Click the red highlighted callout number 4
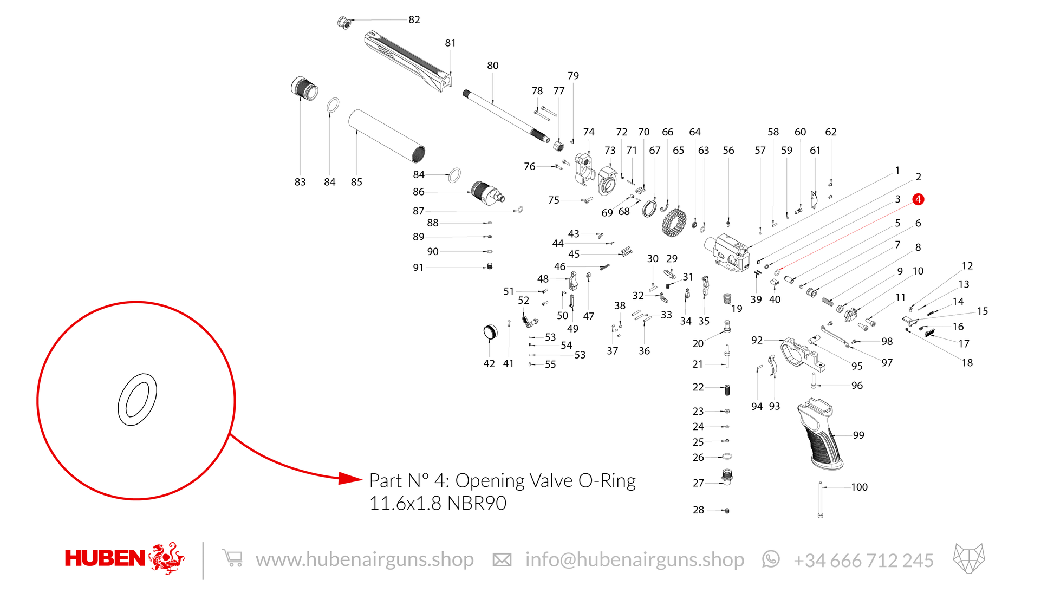pyautogui.click(x=918, y=199)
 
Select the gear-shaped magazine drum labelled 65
pyautogui.click(x=674, y=223)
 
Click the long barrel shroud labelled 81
pyautogui.click(x=408, y=61)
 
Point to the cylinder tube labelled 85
pyautogui.click(x=386, y=136)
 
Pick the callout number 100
pyautogui.click(x=859, y=487)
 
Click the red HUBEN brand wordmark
pyautogui.click(x=105, y=558)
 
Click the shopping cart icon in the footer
pyautogui.click(x=232, y=558)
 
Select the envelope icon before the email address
pyautogui.click(x=502, y=560)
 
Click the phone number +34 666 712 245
pyautogui.click(x=863, y=561)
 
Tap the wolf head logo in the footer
pyautogui.click(x=969, y=558)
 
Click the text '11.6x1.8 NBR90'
pyautogui.click(x=438, y=503)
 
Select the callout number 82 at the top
pyautogui.click(x=414, y=19)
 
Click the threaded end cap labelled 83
pyautogui.click(x=304, y=88)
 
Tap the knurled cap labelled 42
pyautogui.click(x=490, y=332)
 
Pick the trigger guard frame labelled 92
pyautogui.click(x=802, y=355)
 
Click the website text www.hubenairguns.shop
pyautogui.click(x=365, y=560)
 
